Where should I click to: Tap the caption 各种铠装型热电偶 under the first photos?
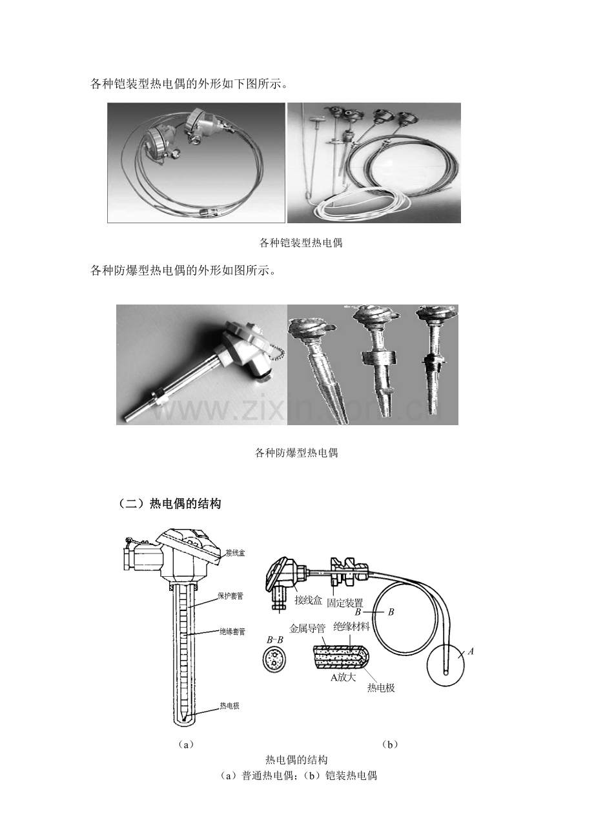coord(300,243)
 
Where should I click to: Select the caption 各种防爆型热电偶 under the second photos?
coord(296,452)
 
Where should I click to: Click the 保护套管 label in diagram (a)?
coord(230,595)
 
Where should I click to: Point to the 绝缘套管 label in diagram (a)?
coord(231,632)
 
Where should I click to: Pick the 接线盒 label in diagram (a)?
coord(235,553)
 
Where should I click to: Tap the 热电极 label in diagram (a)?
coord(229,706)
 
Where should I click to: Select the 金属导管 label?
coord(308,626)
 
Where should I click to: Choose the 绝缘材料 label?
coord(351,626)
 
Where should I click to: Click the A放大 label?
coord(343,677)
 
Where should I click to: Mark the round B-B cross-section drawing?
coord(274,661)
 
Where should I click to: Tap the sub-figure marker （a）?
coord(185,744)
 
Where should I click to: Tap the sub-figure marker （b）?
coord(389,744)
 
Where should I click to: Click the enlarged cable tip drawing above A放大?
coord(342,656)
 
